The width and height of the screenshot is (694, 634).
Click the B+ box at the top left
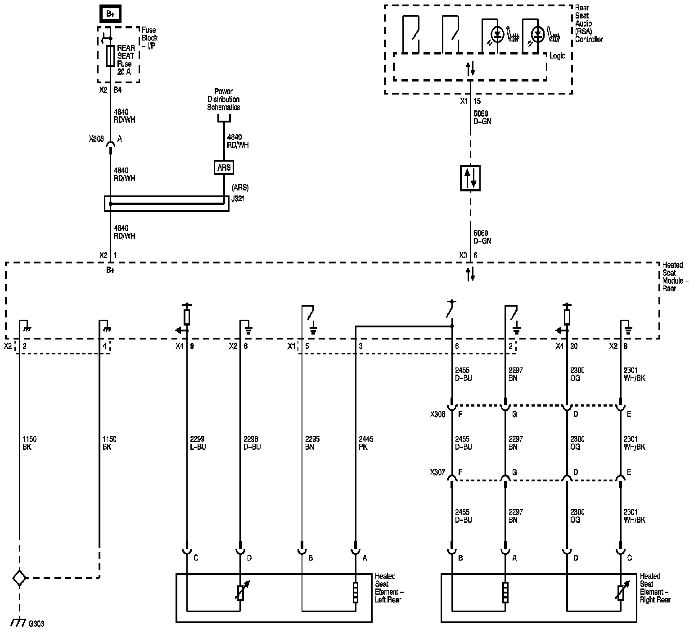(111, 14)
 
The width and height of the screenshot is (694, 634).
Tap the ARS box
(224, 168)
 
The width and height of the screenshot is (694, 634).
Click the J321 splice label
(238, 198)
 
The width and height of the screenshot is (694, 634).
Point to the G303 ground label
(36, 624)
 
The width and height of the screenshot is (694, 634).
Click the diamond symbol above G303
(19, 578)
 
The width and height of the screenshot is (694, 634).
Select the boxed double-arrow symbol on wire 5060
(470, 178)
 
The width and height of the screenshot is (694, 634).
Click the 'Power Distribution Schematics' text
(223, 100)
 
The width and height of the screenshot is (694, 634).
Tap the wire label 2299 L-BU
(198, 443)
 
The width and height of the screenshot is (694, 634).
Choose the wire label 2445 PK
(365, 443)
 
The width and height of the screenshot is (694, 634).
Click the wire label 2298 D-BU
(252, 443)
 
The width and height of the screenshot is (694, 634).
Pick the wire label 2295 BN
(312, 443)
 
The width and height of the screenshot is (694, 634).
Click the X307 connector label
(437, 472)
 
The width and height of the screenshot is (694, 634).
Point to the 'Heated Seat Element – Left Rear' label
(388, 588)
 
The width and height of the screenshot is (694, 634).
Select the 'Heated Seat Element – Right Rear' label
(655, 588)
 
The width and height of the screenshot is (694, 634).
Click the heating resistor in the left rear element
(356, 592)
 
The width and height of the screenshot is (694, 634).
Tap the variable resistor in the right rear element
(621, 592)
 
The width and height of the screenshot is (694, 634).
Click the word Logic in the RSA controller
(557, 56)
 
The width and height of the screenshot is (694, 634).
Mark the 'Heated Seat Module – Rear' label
(673, 276)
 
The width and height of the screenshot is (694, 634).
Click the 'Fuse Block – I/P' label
(149, 38)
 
